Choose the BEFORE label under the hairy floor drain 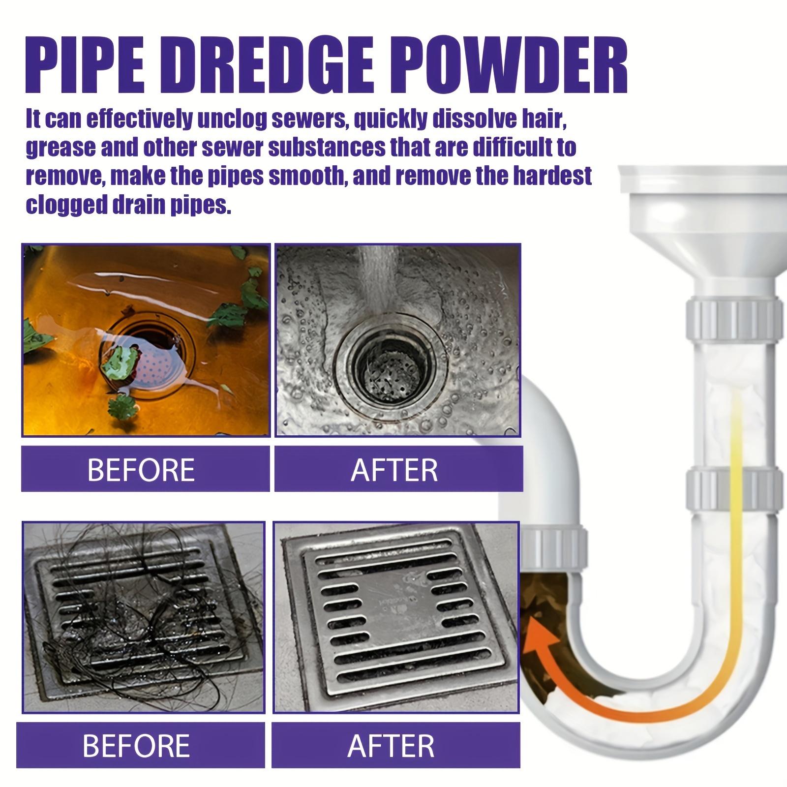click(136, 745)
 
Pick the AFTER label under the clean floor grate click(392, 745)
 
